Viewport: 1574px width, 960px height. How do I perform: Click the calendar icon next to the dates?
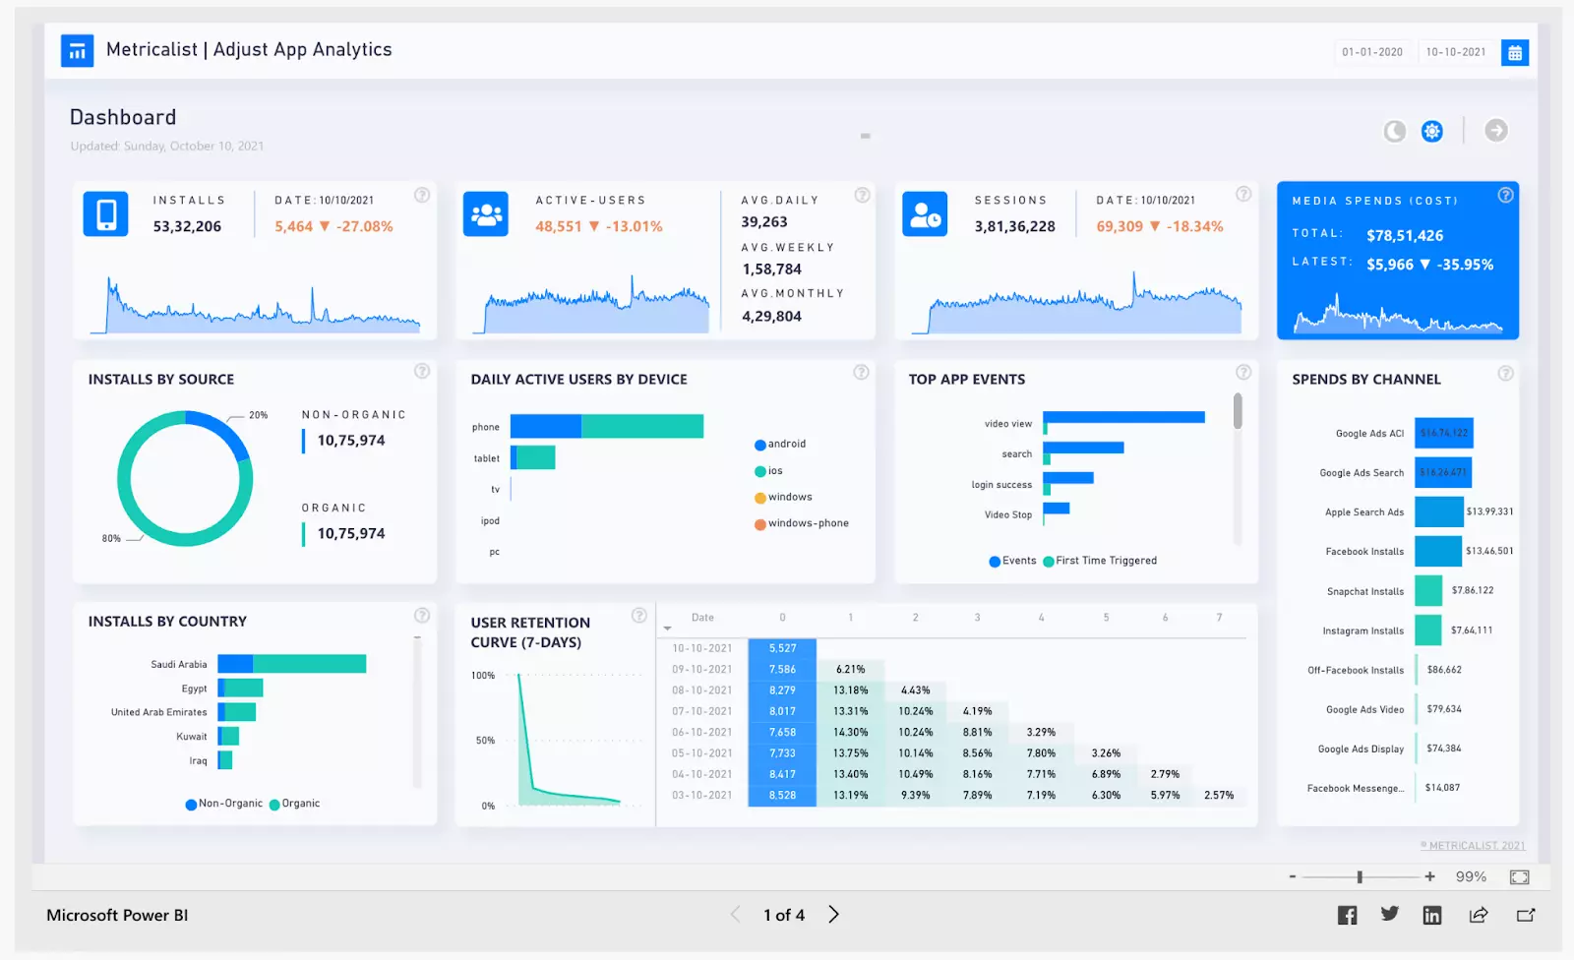(x=1515, y=53)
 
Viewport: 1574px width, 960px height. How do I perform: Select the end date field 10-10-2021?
(x=1456, y=52)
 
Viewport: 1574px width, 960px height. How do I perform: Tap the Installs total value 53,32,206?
(x=187, y=226)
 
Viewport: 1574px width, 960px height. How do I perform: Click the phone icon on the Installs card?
(x=105, y=213)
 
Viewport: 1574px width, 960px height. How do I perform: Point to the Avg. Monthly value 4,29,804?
(x=771, y=317)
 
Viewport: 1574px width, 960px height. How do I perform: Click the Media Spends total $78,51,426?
(x=1405, y=236)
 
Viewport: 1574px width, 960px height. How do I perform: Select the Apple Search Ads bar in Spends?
(x=1439, y=511)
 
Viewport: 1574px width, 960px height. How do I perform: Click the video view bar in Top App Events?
(x=1124, y=418)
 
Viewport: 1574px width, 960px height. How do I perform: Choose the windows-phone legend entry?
(x=808, y=523)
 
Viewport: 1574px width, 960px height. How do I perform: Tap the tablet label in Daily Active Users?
(x=486, y=458)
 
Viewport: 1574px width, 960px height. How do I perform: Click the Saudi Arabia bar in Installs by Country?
(x=292, y=664)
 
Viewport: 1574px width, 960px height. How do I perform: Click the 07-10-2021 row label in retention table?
(x=701, y=711)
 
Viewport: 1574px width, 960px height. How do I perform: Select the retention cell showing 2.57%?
(x=1218, y=795)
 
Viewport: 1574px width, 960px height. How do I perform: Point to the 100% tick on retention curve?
(x=483, y=676)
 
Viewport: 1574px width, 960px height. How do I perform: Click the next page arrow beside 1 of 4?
(x=833, y=915)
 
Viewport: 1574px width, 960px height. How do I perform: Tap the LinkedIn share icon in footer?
(x=1431, y=916)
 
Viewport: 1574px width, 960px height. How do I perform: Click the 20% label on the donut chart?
(x=258, y=415)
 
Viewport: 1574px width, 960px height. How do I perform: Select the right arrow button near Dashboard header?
(x=1495, y=131)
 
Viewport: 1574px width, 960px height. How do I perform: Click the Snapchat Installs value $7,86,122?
(x=1472, y=590)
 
